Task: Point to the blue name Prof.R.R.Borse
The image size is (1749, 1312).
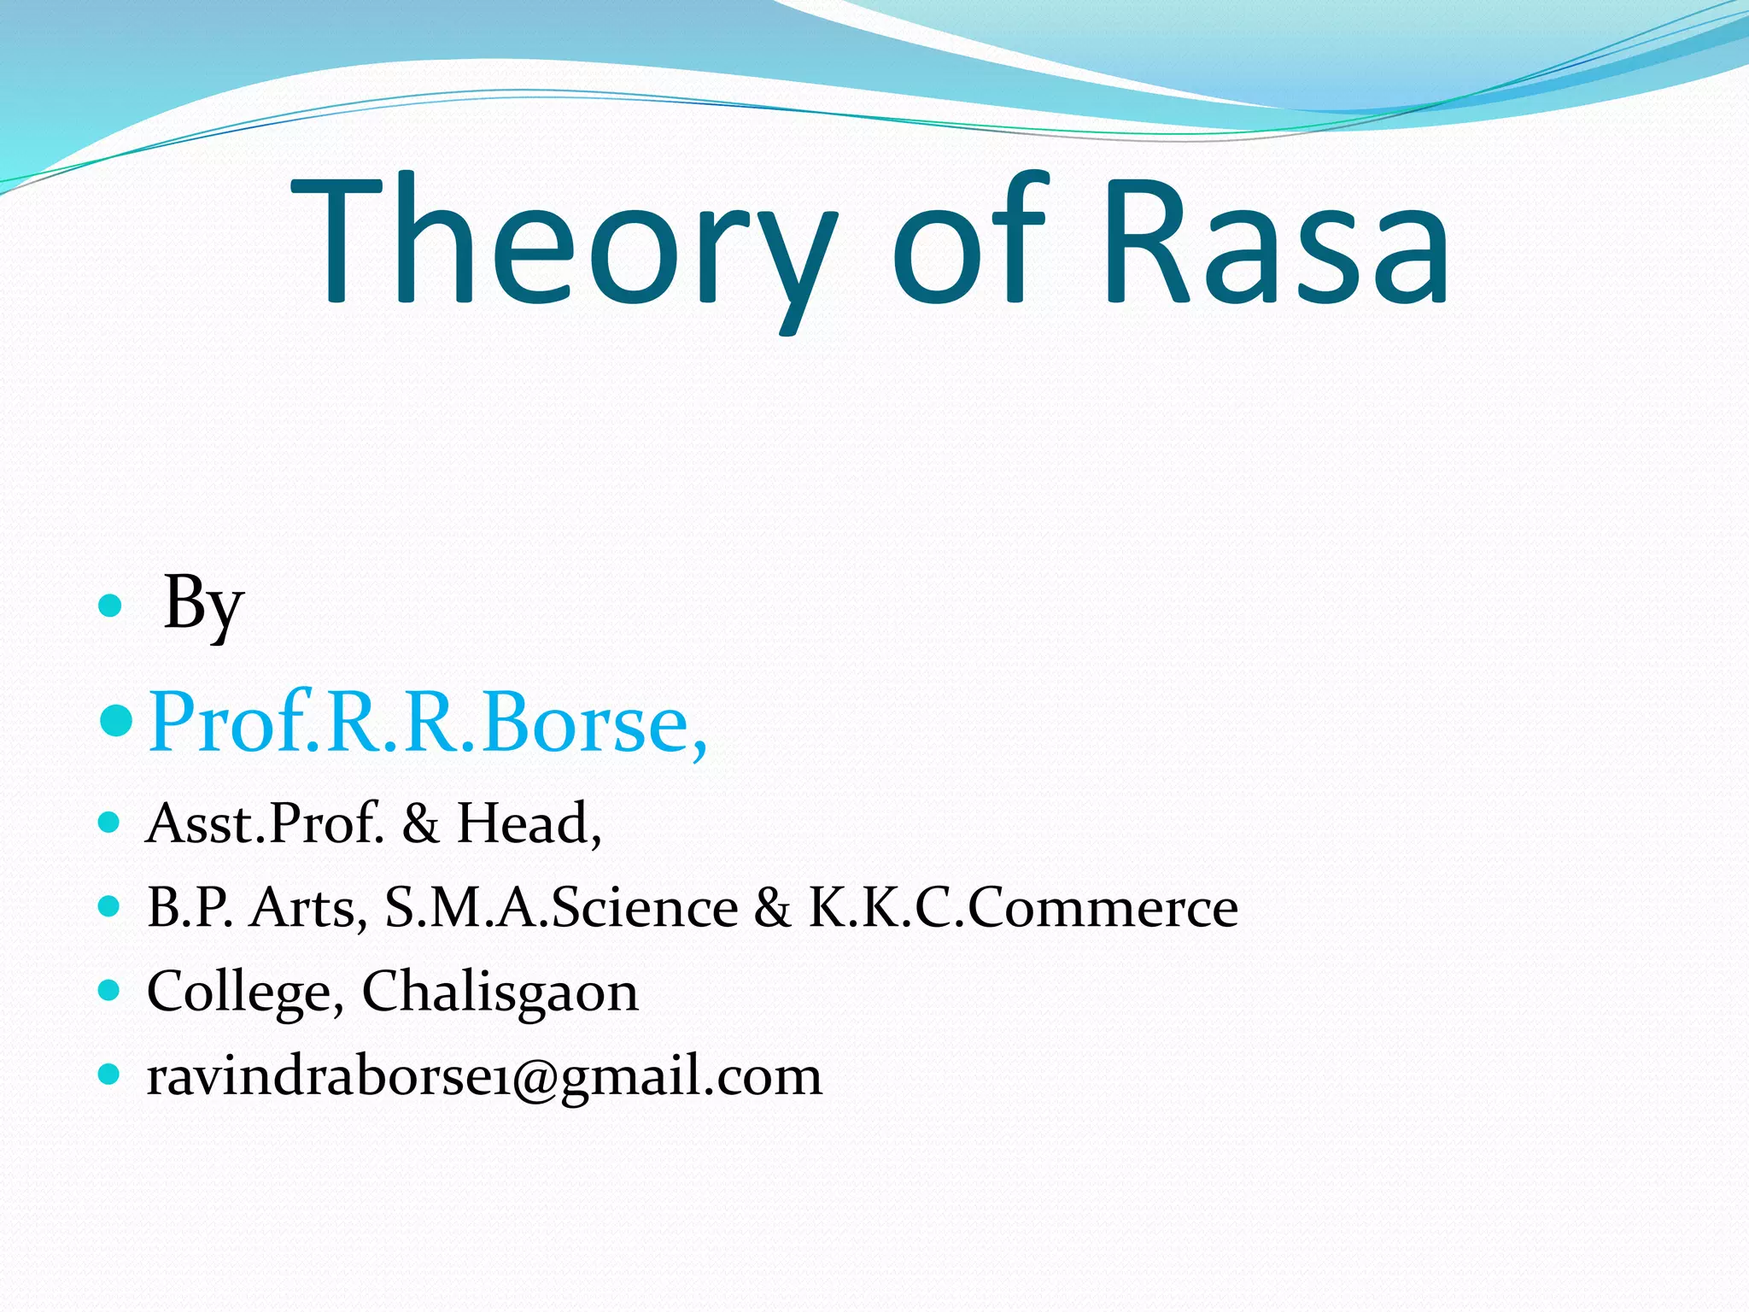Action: [x=427, y=723]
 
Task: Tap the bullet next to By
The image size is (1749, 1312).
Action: [x=110, y=606]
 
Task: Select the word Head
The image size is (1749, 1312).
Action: [x=529, y=823]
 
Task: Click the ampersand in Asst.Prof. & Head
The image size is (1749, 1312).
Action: [x=420, y=823]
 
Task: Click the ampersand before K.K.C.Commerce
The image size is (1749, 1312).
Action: [x=772, y=907]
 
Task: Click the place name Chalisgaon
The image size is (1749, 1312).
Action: [x=500, y=992]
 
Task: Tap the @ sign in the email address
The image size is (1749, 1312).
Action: [x=534, y=1076]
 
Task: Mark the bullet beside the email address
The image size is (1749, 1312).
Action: [x=109, y=1074]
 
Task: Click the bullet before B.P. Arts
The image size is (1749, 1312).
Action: [x=109, y=905]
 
